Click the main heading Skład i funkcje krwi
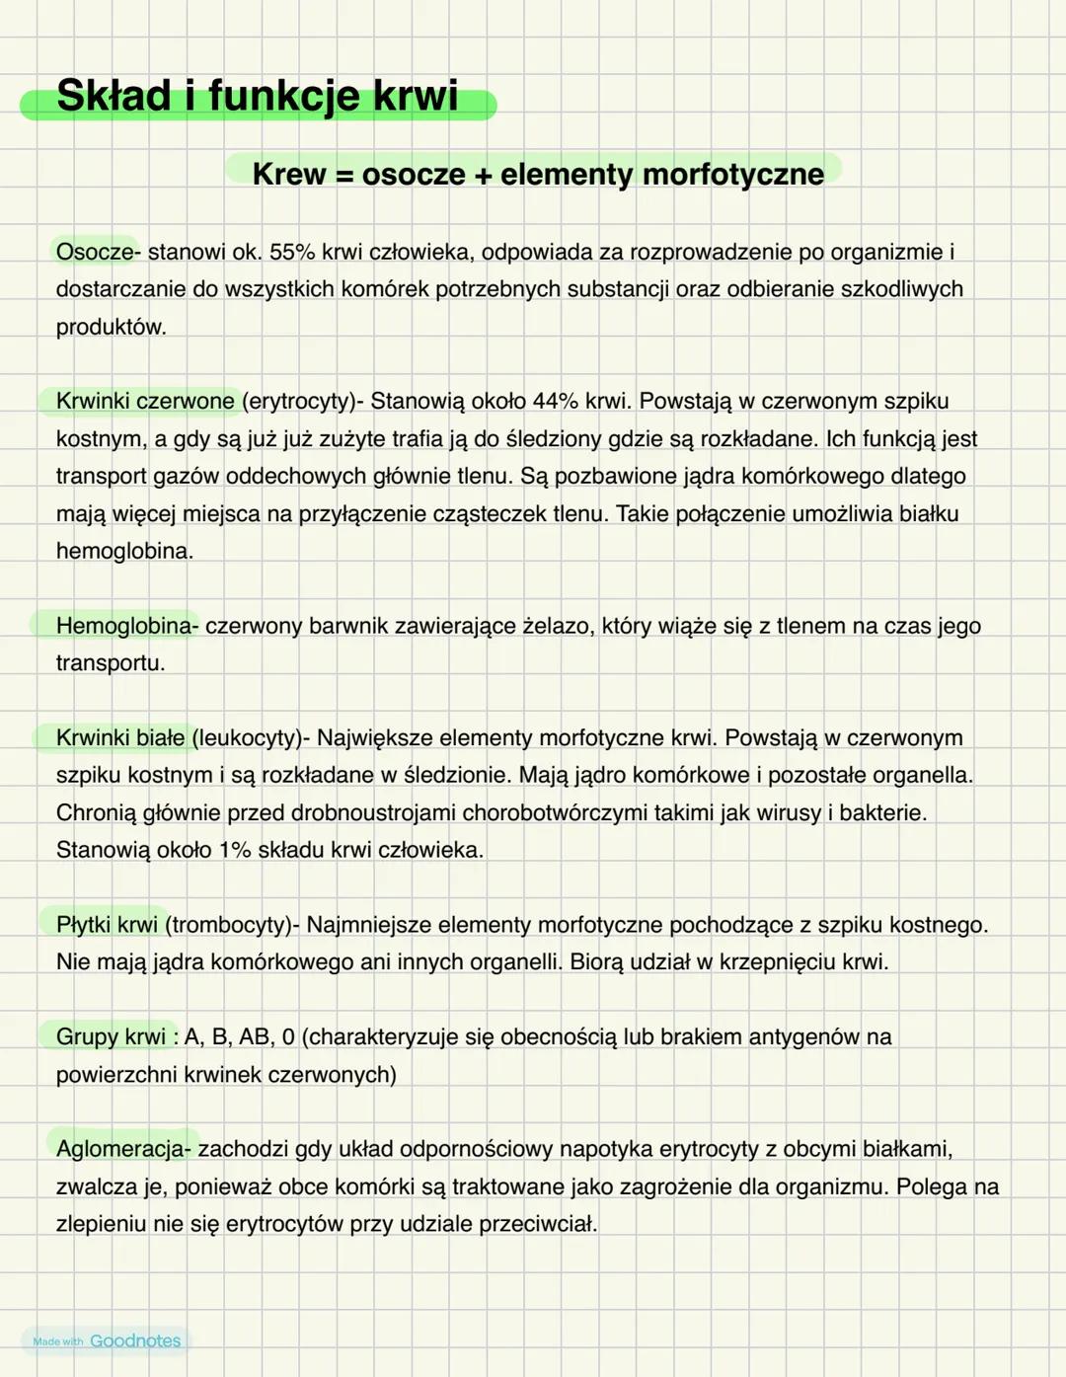257,97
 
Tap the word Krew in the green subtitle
289,174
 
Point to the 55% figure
292,252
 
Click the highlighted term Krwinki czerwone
145,401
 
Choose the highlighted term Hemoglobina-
127,626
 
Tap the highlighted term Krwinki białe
120,737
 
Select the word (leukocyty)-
251,737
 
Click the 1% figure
235,850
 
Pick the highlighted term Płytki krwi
107,925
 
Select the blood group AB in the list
255,1036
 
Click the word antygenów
804,1036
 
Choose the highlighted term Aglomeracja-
123,1149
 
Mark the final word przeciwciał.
538,1224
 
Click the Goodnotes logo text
135,1340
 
